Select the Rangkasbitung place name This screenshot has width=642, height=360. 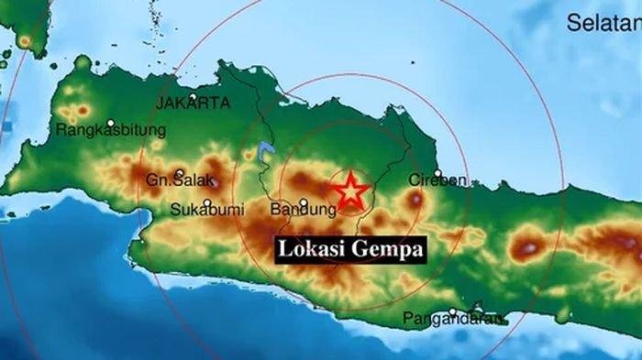click(111, 131)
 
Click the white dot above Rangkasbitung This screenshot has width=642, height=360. click(111, 122)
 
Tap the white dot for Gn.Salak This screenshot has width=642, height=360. click(181, 172)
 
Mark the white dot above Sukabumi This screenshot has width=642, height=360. click(208, 202)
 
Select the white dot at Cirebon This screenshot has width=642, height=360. click(438, 172)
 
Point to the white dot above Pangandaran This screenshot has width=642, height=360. click(453, 311)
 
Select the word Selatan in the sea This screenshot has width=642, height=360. click(602, 24)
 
